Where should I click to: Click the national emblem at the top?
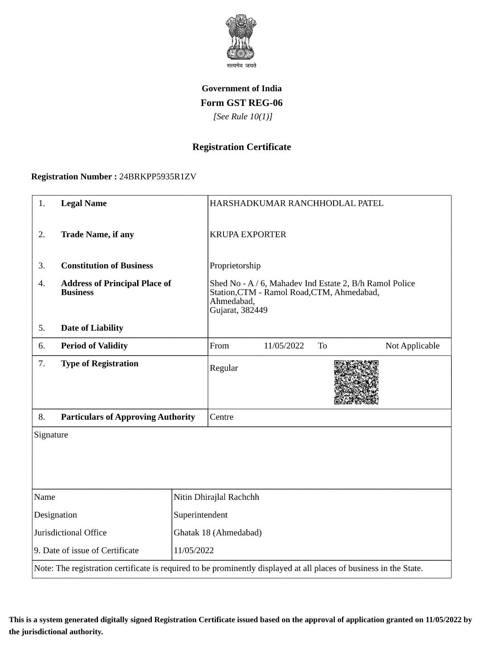click(x=241, y=39)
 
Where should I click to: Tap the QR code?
click(x=356, y=382)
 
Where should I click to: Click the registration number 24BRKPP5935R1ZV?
click(x=158, y=177)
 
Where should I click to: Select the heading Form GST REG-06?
click(x=241, y=103)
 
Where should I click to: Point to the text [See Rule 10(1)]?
click(x=243, y=117)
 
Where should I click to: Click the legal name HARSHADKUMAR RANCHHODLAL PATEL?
click(x=297, y=203)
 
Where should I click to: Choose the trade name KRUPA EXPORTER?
click(x=248, y=235)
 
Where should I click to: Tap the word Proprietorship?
click(x=235, y=266)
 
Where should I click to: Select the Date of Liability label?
click(x=92, y=328)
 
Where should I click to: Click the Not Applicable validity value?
click(x=412, y=346)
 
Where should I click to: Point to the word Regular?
click(x=224, y=368)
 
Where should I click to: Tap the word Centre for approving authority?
click(x=221, y=417)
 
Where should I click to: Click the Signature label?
click(x=51, y=435)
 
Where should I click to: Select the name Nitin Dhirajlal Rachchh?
click(x=216, y=497)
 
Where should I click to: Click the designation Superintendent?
click(x=200, y=515)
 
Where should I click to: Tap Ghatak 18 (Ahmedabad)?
click(x=218, y=533)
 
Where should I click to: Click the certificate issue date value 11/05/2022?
click(x=194, y=551)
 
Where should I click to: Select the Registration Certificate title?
click(x=241, y=147)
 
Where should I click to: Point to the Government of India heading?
click(x=241, y=89)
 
